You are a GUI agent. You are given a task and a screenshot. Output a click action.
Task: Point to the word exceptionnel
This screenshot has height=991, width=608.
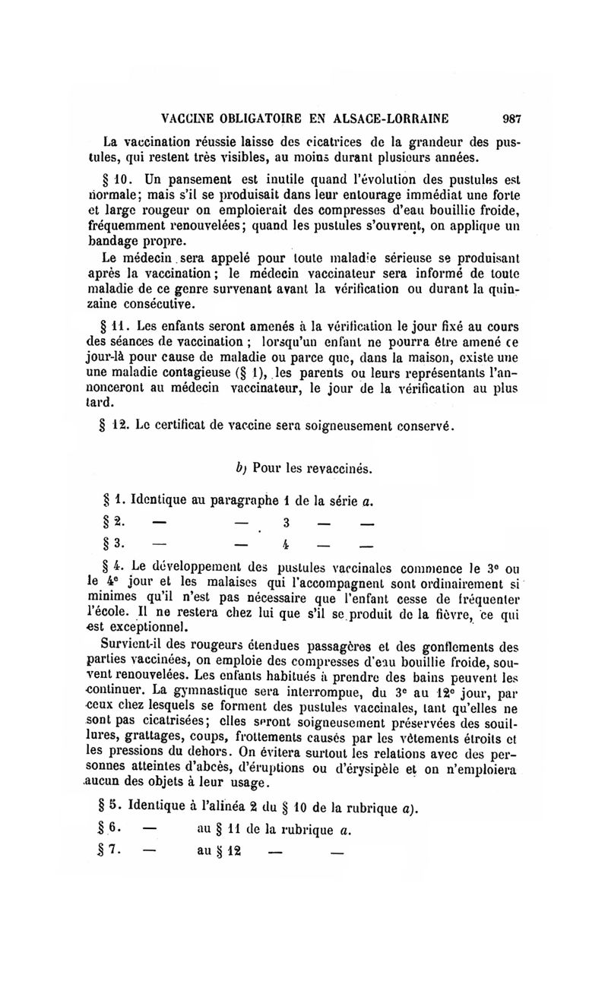tap(148, 628)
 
